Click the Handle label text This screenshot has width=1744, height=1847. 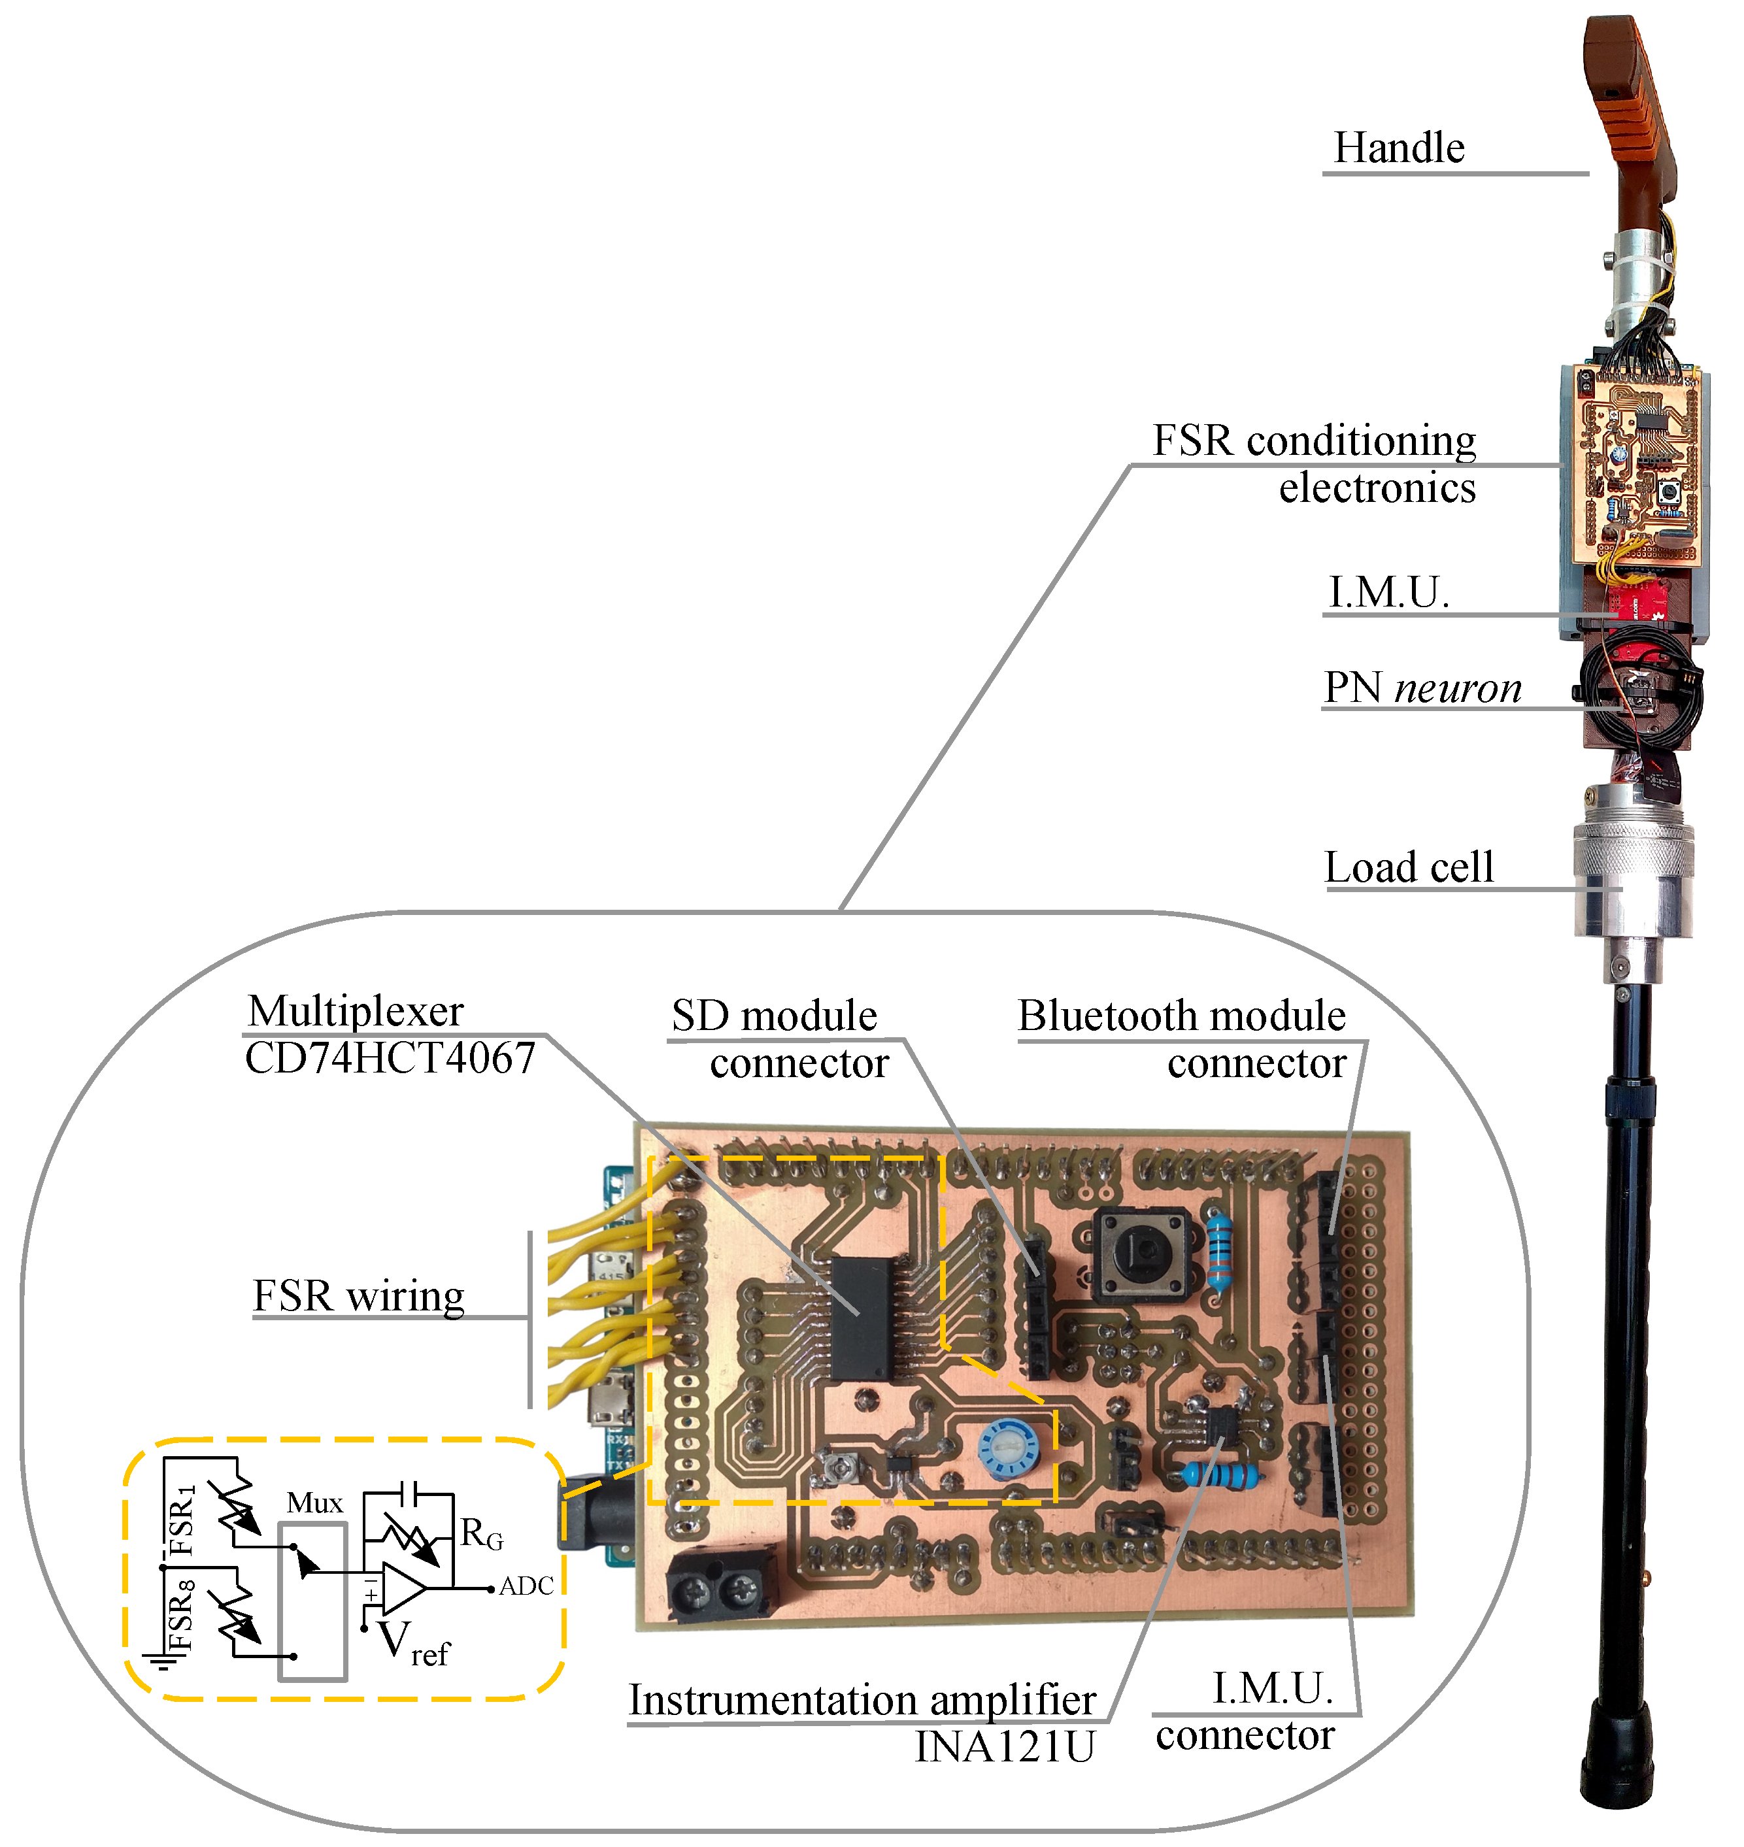pyautogui.click(x=1398, y=148)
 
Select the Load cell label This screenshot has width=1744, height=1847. pyautogui.click(x=1409, y=867)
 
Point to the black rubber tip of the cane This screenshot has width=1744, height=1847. pyautogui.click(x=1618, y=1757)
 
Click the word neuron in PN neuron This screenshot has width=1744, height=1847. pyautogui.click(x=1458, y=688)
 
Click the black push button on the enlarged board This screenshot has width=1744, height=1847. pyautogui.click(x=1141, y=1254)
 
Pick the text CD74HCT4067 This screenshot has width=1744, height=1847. pyautogui.click(x=390, y=1059)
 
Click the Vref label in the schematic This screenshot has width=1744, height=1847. pyautogui.click(x=414, y=1644)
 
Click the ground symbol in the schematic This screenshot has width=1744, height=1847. pyautogui.click(x=159, y=1660)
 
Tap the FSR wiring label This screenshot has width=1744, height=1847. pyautogui.click(x=358, y=1297)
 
